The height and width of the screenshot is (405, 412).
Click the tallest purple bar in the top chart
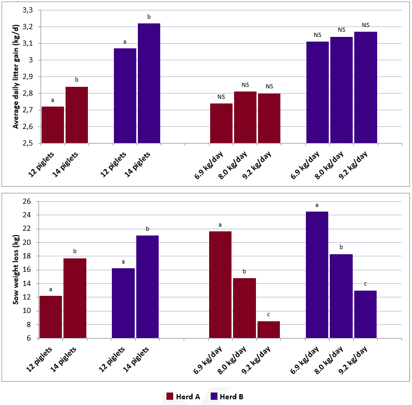click(x=149, y=83)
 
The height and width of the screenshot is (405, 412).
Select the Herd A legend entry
click(x=183, y=396)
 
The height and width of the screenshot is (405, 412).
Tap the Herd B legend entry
click(x=227, y=396)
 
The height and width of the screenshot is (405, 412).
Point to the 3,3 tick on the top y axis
click(x=28, y=10)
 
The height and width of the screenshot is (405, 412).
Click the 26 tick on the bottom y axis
click(x=27, y=201)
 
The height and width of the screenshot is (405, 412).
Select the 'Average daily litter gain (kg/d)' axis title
click(x=16, y=77)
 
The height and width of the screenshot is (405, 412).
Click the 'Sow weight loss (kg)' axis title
click(x=16, y=269)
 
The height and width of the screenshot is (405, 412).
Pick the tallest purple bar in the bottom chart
click(x=317, y=275)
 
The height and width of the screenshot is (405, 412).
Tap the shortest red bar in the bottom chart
click(x=268, y=330)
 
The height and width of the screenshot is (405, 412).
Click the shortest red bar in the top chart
click(x=53, y=125)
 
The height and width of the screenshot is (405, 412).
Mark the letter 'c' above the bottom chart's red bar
click(x=268, y=315)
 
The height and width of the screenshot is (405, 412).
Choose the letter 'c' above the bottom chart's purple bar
click(x=365, y=284)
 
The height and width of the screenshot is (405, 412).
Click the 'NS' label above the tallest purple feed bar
click(x=366, y=25)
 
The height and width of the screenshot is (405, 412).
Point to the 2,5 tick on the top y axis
click(x=28, y=143)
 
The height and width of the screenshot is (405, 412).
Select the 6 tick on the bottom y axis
click(x=29, y=338)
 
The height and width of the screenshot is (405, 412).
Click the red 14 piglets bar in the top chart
click(x=76, y=115)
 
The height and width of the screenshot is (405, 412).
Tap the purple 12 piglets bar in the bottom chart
click(x=123, y=303)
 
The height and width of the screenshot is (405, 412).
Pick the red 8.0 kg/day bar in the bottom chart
click(x=244, y=308)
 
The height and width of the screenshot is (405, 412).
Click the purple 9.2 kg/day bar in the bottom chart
click(x=365, y=315)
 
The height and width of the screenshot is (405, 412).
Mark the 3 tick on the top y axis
click(x=31, y=60)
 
